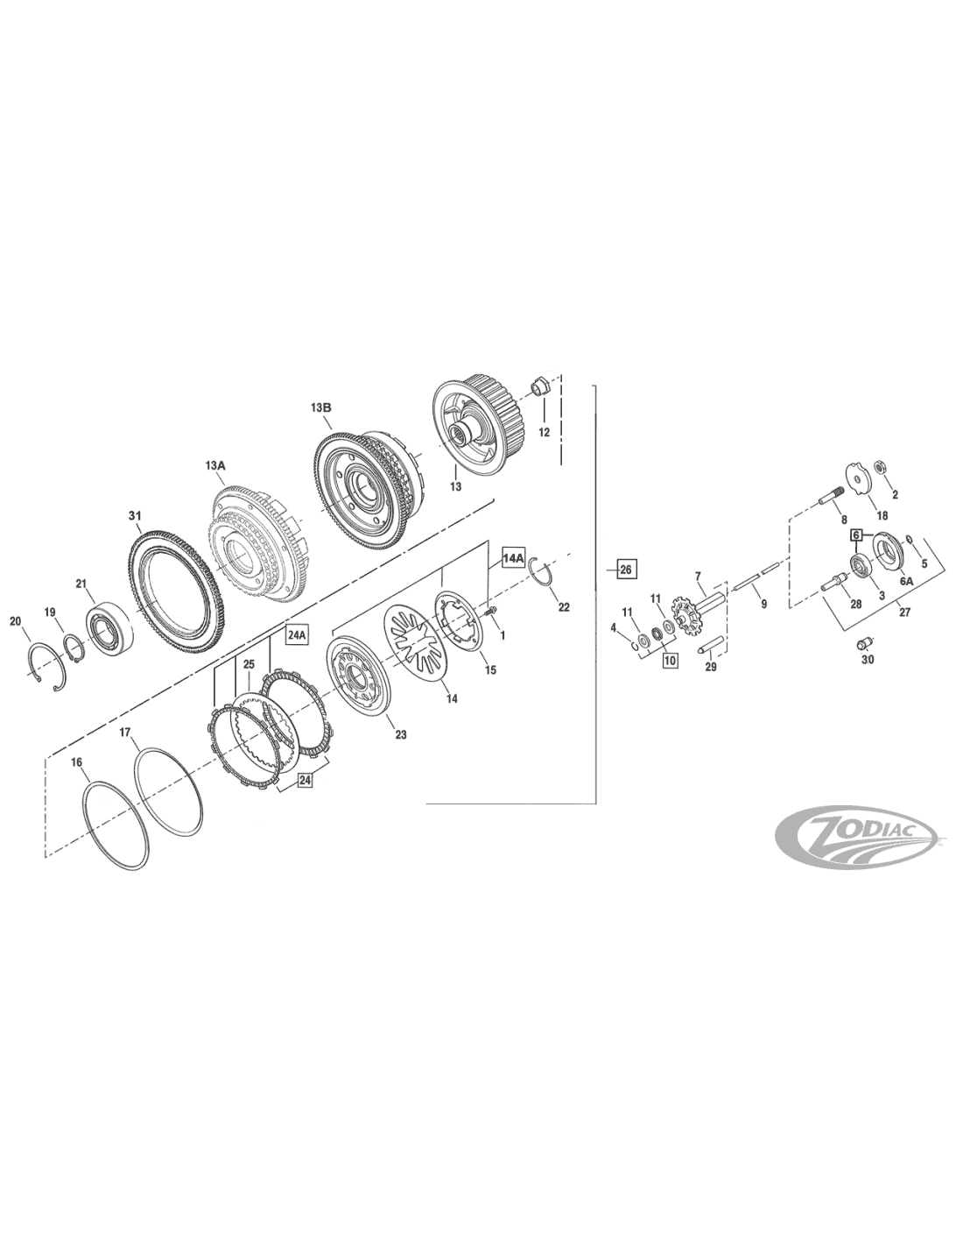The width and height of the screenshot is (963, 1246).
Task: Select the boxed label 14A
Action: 513,557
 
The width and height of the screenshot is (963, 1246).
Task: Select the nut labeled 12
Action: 539,386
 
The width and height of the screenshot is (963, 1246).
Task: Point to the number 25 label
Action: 248,664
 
